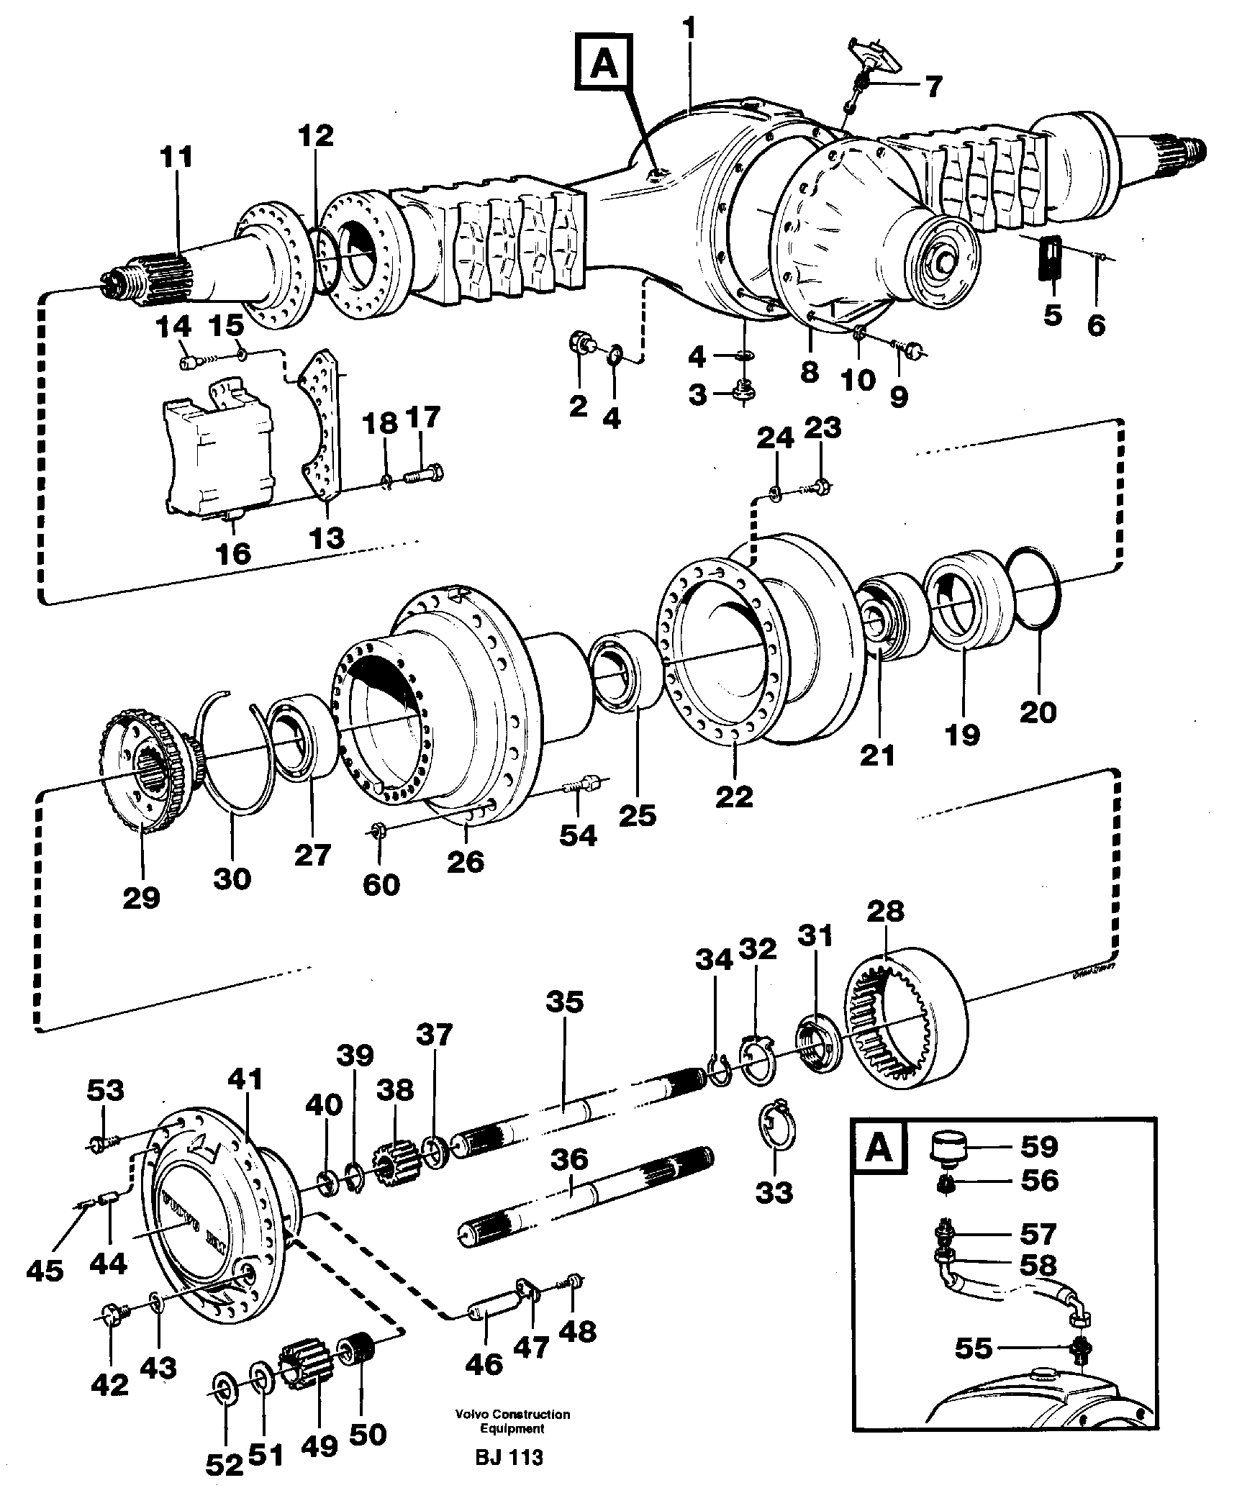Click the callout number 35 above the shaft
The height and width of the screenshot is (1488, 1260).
(x=564, y=1002)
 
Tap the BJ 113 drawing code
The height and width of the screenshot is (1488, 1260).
(x=509, y=1457)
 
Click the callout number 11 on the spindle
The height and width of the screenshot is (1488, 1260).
(x=176, y=157)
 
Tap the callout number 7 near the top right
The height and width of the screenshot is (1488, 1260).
(x=933, y=87)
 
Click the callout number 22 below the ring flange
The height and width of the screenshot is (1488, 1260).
(x=734, y=796)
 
